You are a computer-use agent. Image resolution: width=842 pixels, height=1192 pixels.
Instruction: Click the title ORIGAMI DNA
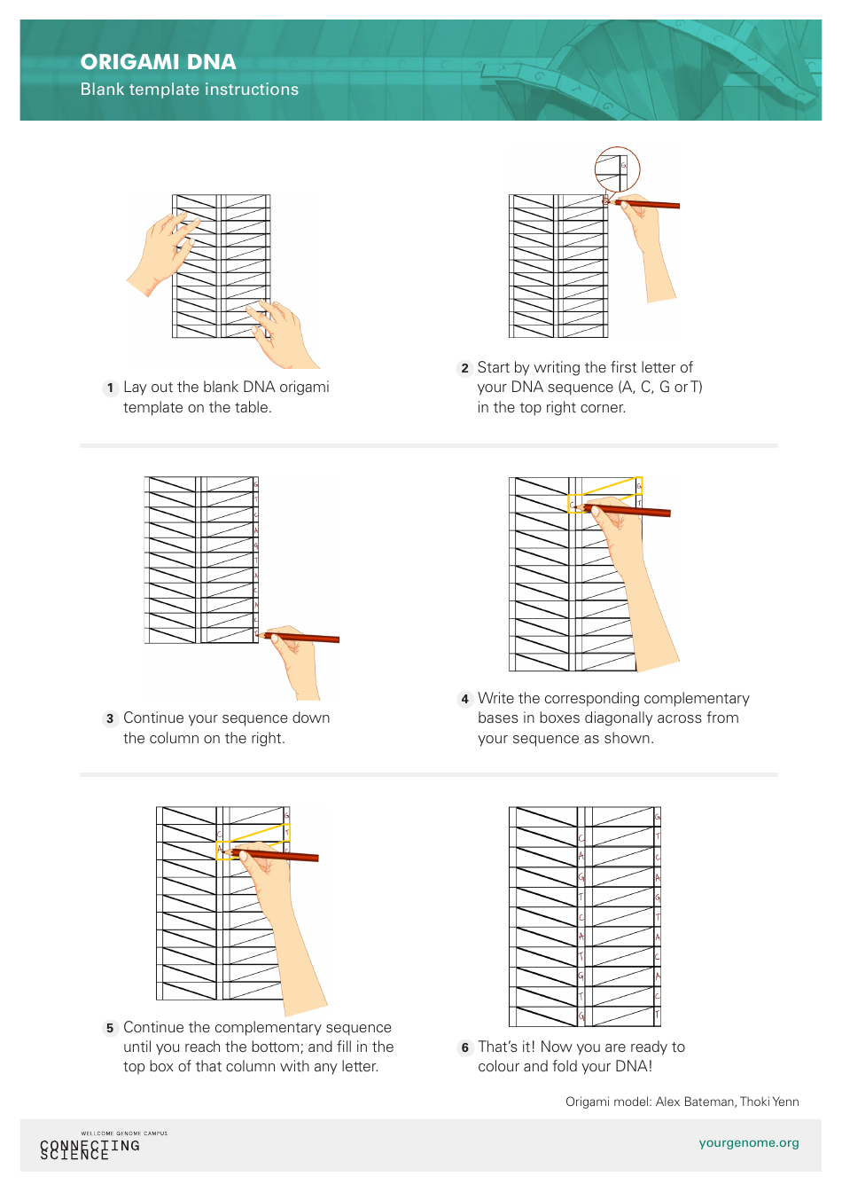158,62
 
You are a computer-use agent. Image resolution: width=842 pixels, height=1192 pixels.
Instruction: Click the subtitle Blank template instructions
189,90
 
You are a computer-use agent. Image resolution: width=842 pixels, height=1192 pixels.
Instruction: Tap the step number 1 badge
110,388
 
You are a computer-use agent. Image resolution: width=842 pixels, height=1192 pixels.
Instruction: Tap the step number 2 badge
464,368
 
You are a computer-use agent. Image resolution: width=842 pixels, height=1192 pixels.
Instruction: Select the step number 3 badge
110,718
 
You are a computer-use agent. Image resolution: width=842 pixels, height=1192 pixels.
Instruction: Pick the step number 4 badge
464,699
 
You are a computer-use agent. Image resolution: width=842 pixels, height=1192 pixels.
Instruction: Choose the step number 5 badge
110,1028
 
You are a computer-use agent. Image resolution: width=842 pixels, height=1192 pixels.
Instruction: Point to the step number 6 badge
464,1047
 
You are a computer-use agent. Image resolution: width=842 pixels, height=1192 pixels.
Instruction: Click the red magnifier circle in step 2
617,169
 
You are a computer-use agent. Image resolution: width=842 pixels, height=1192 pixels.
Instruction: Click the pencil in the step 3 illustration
301,637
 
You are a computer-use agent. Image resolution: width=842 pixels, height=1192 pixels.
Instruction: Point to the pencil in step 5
275,855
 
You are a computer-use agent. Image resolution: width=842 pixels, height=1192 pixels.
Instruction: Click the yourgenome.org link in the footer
748,1142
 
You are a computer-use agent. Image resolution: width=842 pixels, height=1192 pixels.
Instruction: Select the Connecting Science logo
90,1147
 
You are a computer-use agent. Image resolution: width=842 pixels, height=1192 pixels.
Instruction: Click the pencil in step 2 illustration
647,205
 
